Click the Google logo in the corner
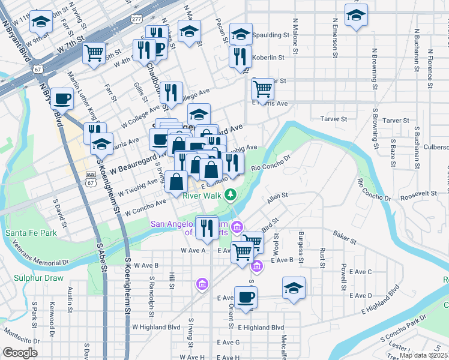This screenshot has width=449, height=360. point(20,353)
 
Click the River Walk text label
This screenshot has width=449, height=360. point(201,196)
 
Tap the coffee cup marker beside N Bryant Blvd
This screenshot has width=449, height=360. point(62,98)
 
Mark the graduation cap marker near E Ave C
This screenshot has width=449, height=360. point(294,287)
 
